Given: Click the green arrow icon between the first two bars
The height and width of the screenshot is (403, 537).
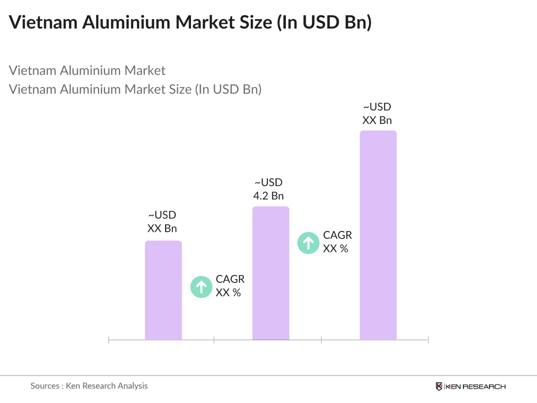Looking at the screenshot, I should [202, 287].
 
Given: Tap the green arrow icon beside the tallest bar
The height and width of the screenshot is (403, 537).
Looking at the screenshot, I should [308, 243].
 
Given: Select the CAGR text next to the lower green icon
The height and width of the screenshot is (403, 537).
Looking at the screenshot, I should [230, 279].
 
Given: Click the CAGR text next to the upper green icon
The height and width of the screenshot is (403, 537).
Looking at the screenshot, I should [337, 235].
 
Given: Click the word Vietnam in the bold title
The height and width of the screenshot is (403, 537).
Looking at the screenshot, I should [43, 22].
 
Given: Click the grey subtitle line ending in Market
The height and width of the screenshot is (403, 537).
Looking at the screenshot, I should [87, 71].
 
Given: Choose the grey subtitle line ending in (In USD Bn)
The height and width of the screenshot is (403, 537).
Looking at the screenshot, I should [135, 89].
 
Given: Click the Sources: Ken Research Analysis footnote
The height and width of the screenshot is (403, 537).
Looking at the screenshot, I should [89, 386].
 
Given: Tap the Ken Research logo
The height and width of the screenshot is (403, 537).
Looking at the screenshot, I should [471, 386].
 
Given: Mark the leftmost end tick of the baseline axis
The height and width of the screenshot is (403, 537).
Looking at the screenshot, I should [108, 340].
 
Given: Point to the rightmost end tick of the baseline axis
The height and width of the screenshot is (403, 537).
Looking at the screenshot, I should [428, 340].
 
